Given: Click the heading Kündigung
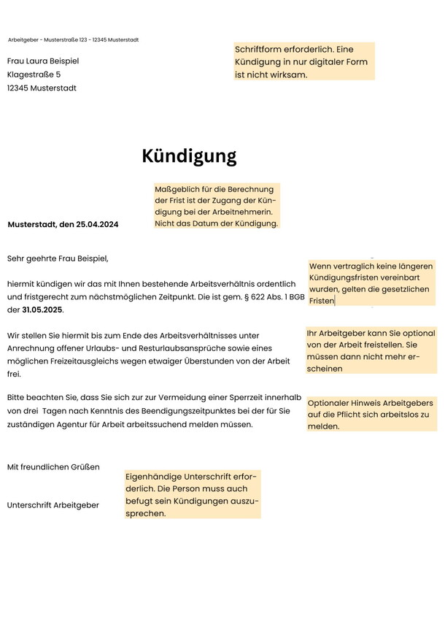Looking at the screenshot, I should point(189,156).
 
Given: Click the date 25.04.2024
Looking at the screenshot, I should point(97,224).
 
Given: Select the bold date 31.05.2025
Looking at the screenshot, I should point(42,310).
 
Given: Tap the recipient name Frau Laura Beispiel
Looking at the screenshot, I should point(43,61).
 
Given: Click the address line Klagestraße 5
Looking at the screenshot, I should point(34,74).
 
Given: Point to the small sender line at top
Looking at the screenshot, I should point(73,39).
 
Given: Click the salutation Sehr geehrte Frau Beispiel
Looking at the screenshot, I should point(58,258).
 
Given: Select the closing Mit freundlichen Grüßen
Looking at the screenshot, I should point(53,466).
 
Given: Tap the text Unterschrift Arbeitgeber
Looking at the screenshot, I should point(53,505).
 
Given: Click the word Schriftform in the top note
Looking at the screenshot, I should point(259,49).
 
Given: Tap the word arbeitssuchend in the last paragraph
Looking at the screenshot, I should point(183,424).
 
